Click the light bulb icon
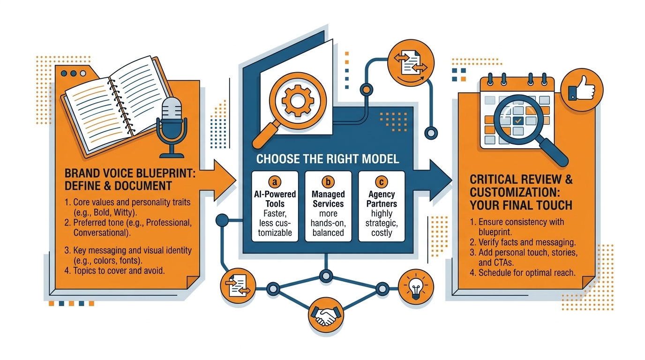415,286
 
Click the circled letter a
275,182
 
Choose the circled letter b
328,182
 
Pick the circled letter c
382,182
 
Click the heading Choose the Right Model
328,159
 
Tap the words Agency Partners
382,199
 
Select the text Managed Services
328,199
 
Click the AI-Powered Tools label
275,199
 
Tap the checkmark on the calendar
517,120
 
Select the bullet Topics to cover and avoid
115,270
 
